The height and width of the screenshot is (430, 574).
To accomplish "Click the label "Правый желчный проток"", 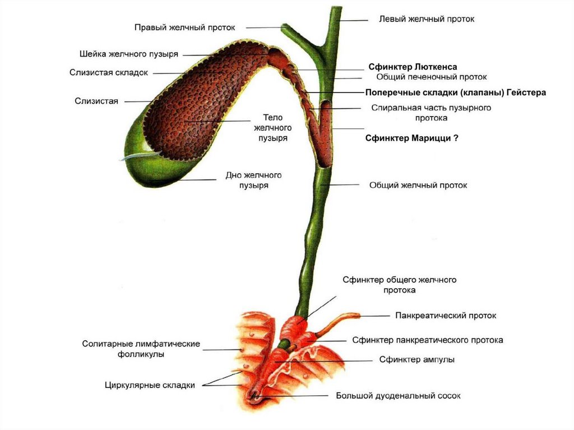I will point(184,27).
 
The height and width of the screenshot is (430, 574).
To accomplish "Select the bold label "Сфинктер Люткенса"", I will point(413,67).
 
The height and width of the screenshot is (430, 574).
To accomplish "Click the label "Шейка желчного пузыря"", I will point(128,54).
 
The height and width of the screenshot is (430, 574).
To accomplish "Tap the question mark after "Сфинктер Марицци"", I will point(456,138).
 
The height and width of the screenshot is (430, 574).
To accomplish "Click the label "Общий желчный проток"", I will point(418,185).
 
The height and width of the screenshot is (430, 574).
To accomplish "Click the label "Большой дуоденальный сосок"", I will point(398,396).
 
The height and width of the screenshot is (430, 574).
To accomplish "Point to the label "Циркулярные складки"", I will point(150,385).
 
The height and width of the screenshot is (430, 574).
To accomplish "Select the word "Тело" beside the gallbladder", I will point(273,118).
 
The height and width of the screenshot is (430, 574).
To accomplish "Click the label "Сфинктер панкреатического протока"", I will point(427,340).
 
